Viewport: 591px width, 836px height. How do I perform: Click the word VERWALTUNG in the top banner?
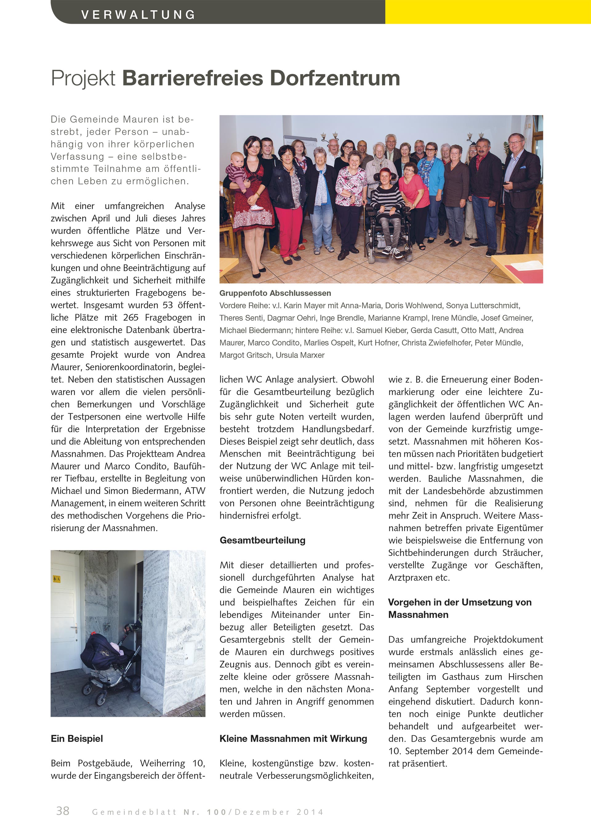tap(138, 15)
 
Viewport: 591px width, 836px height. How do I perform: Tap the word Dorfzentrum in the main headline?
tap(335, 78)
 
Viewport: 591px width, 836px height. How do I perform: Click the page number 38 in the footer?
tap(62, 811)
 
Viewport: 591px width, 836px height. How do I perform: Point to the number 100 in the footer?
tap(216, 812)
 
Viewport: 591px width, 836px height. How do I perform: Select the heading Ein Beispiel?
tap(77, 738)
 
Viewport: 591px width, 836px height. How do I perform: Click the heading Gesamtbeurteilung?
tap(262, 540)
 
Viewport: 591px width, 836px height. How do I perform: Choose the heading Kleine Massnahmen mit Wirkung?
tap(293, 738)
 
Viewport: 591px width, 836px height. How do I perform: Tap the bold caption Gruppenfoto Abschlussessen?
tap(275, 293)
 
